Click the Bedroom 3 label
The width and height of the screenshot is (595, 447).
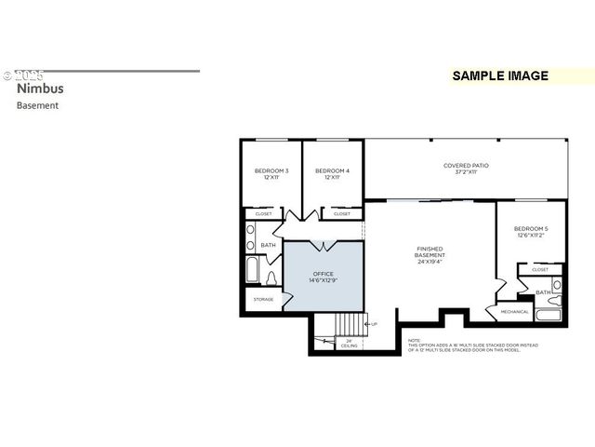[x=271, y=174]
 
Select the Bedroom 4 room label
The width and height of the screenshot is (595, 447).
[x=332, y=174]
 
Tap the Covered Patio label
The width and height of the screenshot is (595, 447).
[x=466, y=169]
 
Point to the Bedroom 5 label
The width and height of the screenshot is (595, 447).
[x=531, y=232]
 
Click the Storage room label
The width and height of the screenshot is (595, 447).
[x=264, y=299]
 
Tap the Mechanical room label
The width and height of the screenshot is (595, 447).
[x=514, y=311]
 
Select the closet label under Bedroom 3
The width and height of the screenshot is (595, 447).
[x=264, y=213]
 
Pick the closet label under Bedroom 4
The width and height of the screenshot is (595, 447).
[x=341, y=213]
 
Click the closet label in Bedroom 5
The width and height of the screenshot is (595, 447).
[x=539, y=269]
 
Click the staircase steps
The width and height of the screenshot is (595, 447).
[x=350, y=325]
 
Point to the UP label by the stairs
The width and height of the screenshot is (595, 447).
[x=374, y=323]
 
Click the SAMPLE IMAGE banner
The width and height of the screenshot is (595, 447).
[x=500, y=76]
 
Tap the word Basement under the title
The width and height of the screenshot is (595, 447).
[x=37, y=105]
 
